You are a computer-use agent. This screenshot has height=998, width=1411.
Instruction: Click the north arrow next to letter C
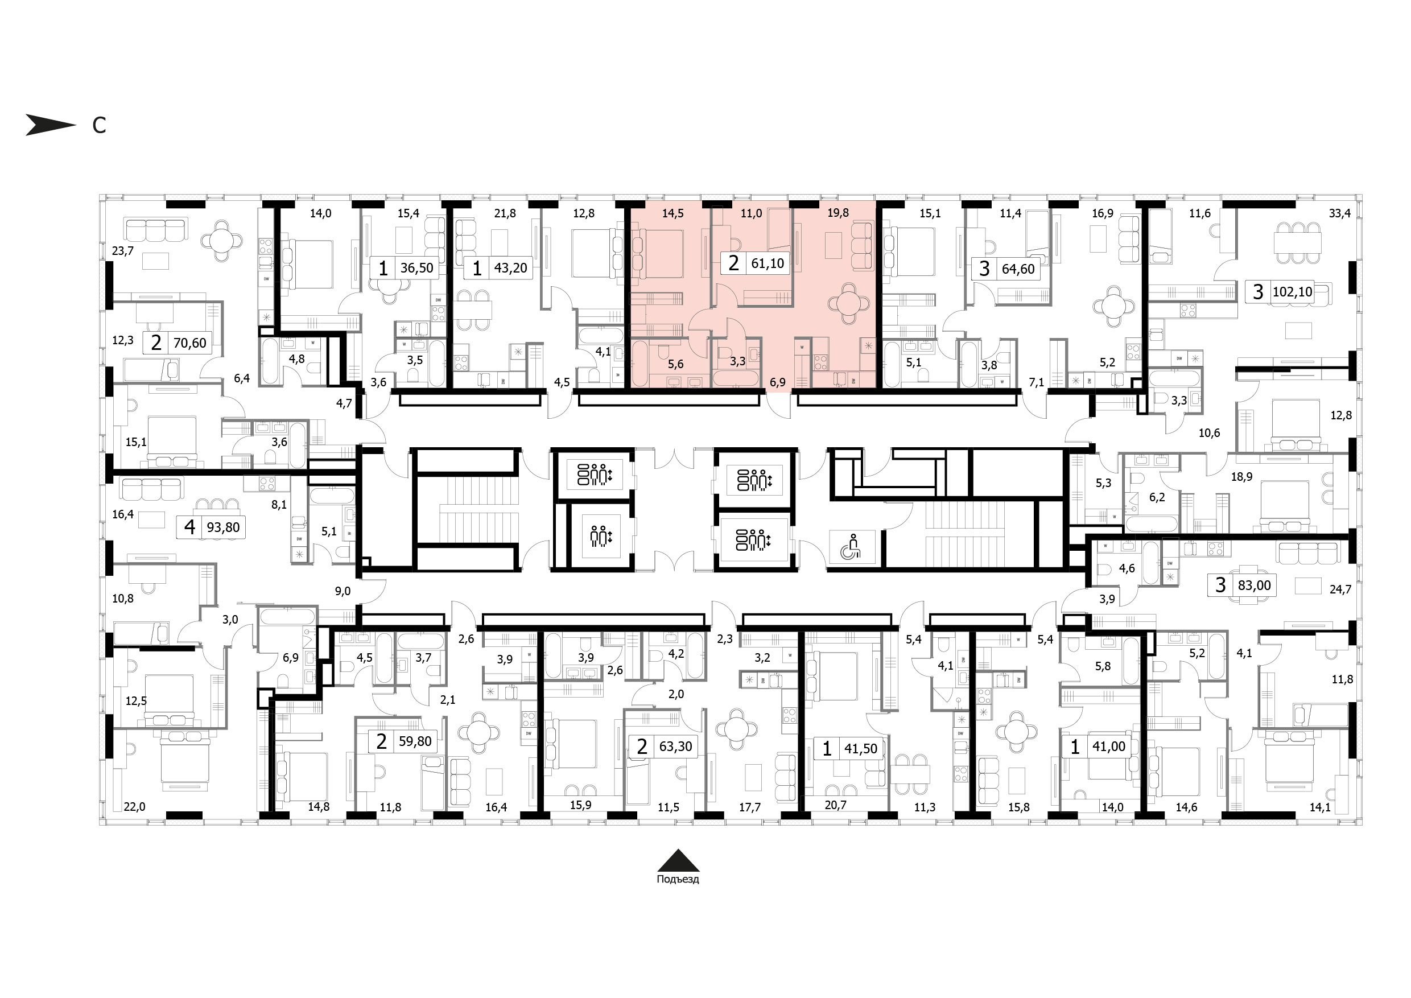pyautogui.click(x=51, y=125)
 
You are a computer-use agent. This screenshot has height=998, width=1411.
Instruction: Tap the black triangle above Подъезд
pyautogui.click(x=677, y=860)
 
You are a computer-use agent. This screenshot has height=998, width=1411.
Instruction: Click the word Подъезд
pyautogui.click(x=678, y=880)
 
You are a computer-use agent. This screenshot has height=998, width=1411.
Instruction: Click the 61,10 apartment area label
pyautogui.click(x=768, y=263)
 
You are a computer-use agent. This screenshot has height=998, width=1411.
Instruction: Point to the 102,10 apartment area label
pyautogui.click(x=1293, y=292)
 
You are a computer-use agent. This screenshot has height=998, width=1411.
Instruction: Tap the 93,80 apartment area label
pyautogui.click(x=224, y=527)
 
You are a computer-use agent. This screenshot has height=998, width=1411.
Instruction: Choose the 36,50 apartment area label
pyautogui.click(x=416, y=268)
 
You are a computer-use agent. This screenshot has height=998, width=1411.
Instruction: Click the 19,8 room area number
pyautogui.click(x=838, y=213)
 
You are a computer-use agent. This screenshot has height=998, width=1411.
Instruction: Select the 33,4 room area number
pyautogui.click(x=1340, y=213)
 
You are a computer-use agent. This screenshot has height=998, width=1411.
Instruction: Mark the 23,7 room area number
pyautogui.click(x=123, y=251)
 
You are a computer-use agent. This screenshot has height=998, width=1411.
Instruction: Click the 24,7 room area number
pyautogui.click(x=1340, y=589)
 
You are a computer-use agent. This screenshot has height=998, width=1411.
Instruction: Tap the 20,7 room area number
pyautogui.click(x=836, y=805)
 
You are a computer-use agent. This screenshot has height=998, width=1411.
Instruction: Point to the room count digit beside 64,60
pyautogui.click(x=984, y=269)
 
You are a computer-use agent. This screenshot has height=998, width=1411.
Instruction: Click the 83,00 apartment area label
pyautogui.click(x=1255, y=585)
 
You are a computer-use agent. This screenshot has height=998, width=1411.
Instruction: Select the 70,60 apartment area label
pyautogui.click(x=190, y=343)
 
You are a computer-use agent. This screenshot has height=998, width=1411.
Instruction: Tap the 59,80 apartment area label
pyautogui.click(x=415, y=741)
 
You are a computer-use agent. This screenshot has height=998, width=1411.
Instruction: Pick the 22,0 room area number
pyautogui.click(x=135, y=807)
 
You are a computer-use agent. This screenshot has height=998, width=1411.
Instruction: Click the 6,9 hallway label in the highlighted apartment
pyautogui.click(x=777, y=382)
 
